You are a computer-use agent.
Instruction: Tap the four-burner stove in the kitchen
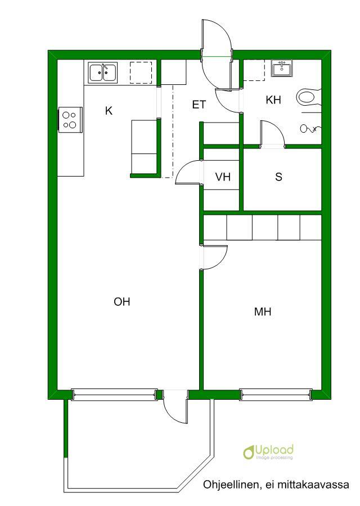pos(70,120)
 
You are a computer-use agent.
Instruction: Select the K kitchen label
pos(109,111)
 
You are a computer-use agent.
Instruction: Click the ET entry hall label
pos(199,105)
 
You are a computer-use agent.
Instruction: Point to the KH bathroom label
pos(273,100)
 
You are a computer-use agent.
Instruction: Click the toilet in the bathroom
pos(309,97)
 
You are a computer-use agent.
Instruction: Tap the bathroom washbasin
pos(282,68)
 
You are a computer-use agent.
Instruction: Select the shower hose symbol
pos(310,129)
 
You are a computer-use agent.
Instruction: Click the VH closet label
pos(223,177)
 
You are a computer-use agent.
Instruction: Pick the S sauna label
pos(278,177)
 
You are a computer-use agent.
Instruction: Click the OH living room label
pos(122,302)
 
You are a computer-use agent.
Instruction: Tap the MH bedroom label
pos(263,311)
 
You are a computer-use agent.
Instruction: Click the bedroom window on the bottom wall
pos(276,394)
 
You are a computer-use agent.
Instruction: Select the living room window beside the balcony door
pos(115,394)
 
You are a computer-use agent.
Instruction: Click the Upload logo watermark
pos(268,451)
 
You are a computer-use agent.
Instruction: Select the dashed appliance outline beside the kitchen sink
pos(141,73)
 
